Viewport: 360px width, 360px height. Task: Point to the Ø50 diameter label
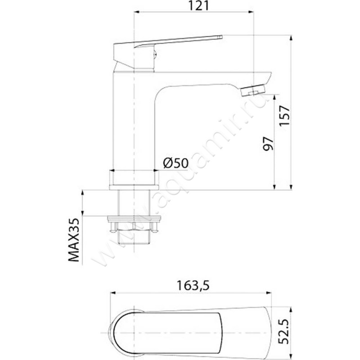tap(175, 163)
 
